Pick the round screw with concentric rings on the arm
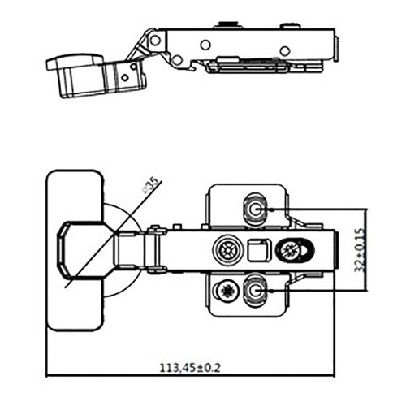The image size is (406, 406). point(227,250)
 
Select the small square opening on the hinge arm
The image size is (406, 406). point(258,250)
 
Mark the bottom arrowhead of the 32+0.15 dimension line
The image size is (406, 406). point(368,289)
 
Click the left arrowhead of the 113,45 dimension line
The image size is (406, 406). point(49,376)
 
